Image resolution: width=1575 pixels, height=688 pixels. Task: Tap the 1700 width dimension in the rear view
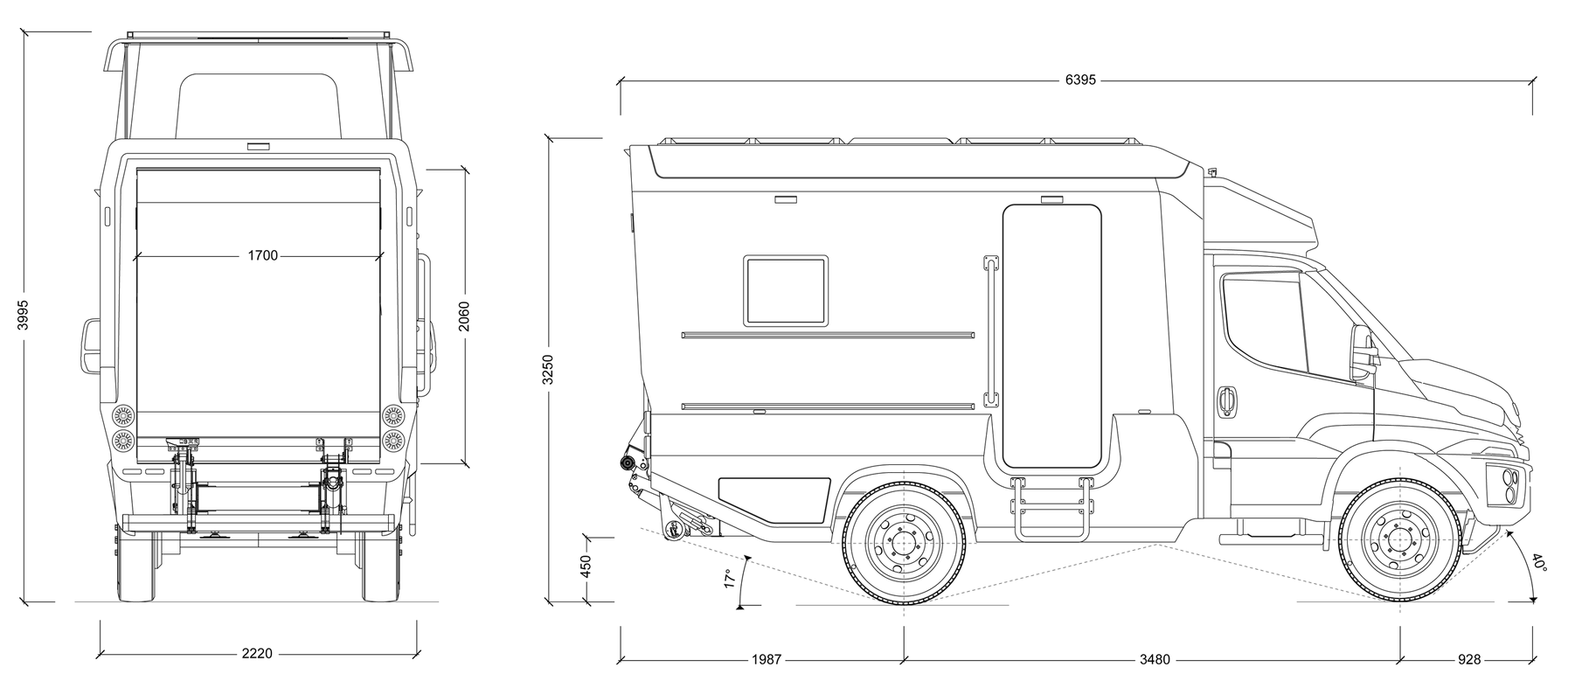[262, 255]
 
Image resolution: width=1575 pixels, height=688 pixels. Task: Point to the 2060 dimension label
[463, 316]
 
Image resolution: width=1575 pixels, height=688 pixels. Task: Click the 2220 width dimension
[257, 653]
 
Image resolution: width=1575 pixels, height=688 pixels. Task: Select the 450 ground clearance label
[586, 566]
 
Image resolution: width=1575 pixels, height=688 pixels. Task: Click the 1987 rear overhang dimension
[766, 659]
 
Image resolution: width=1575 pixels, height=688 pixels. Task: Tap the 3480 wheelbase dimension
[1154, 659]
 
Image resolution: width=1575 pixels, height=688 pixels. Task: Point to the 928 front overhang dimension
[1469, 659]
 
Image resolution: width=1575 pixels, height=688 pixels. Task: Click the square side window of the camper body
[786, 290]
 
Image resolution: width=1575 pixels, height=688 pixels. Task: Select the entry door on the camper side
[1051, 336]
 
